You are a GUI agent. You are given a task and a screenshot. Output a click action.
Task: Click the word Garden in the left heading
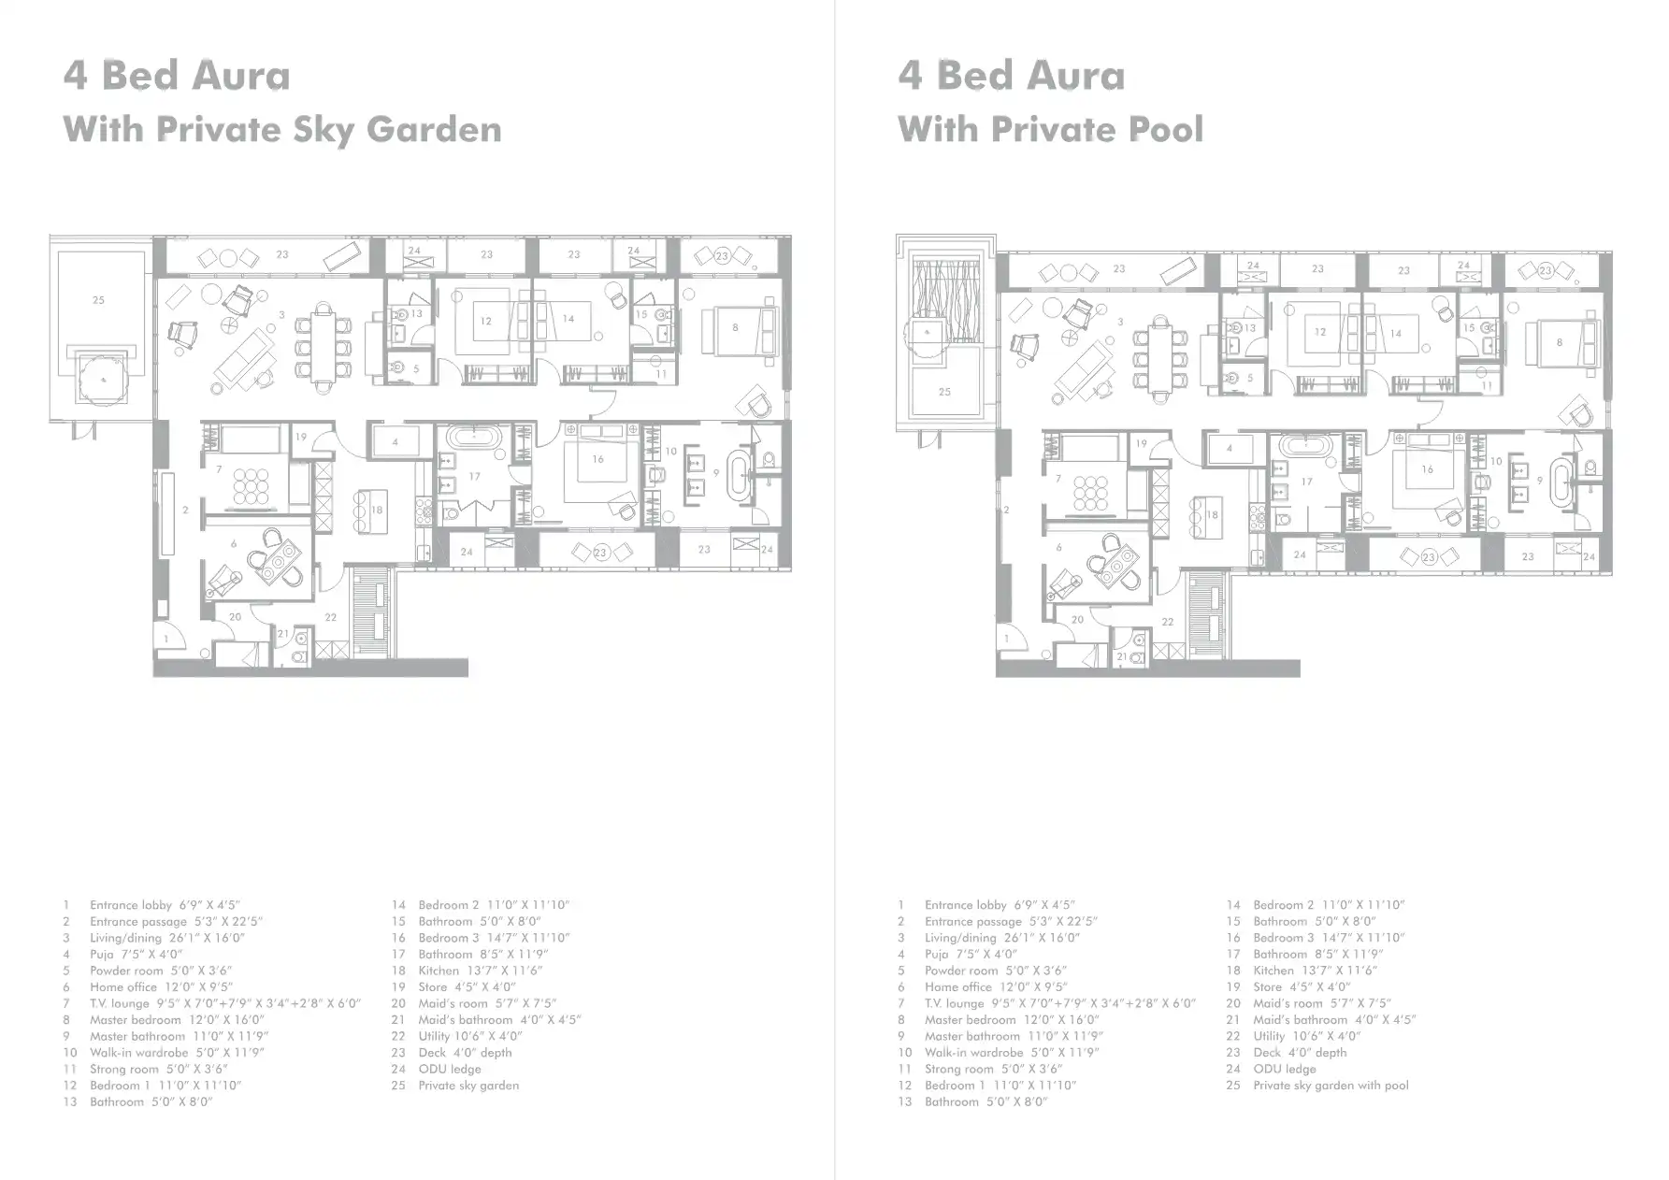tap(434, 129)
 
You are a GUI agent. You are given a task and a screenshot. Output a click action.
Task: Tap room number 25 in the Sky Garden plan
tap(98, 300)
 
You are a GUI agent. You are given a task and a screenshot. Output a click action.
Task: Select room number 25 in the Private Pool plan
tap(944, 392)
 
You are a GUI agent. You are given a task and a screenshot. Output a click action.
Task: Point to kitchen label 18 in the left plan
tap(377, 510)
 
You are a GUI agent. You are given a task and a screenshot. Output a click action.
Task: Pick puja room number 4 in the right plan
tap(1230, 448)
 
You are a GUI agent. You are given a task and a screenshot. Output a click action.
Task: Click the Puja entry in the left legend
tap(102, 955)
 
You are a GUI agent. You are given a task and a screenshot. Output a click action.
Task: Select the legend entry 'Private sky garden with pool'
tap(1331, 1086)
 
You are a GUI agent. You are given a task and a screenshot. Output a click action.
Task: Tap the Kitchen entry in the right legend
tap(1273, 971)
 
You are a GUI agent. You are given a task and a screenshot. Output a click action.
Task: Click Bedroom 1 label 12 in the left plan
tap(485, 321)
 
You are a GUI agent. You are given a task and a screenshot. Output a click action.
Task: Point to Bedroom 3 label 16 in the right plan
tap(1427, 469)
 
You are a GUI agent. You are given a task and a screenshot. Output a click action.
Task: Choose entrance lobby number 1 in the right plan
tap(1006, 639)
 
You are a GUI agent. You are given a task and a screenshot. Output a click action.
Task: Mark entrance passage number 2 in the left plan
tap(185, 510)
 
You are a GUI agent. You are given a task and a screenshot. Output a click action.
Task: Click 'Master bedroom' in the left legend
tap(132, 1020)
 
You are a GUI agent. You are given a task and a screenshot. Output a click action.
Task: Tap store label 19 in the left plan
tap(301, 437)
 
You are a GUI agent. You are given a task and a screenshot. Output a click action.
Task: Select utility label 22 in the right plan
tap(1167, 621)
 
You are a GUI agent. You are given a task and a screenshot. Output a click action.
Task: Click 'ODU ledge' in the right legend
tap(1284, 1069)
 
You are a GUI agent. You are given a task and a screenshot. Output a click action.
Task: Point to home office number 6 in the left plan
tap(234, 543)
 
